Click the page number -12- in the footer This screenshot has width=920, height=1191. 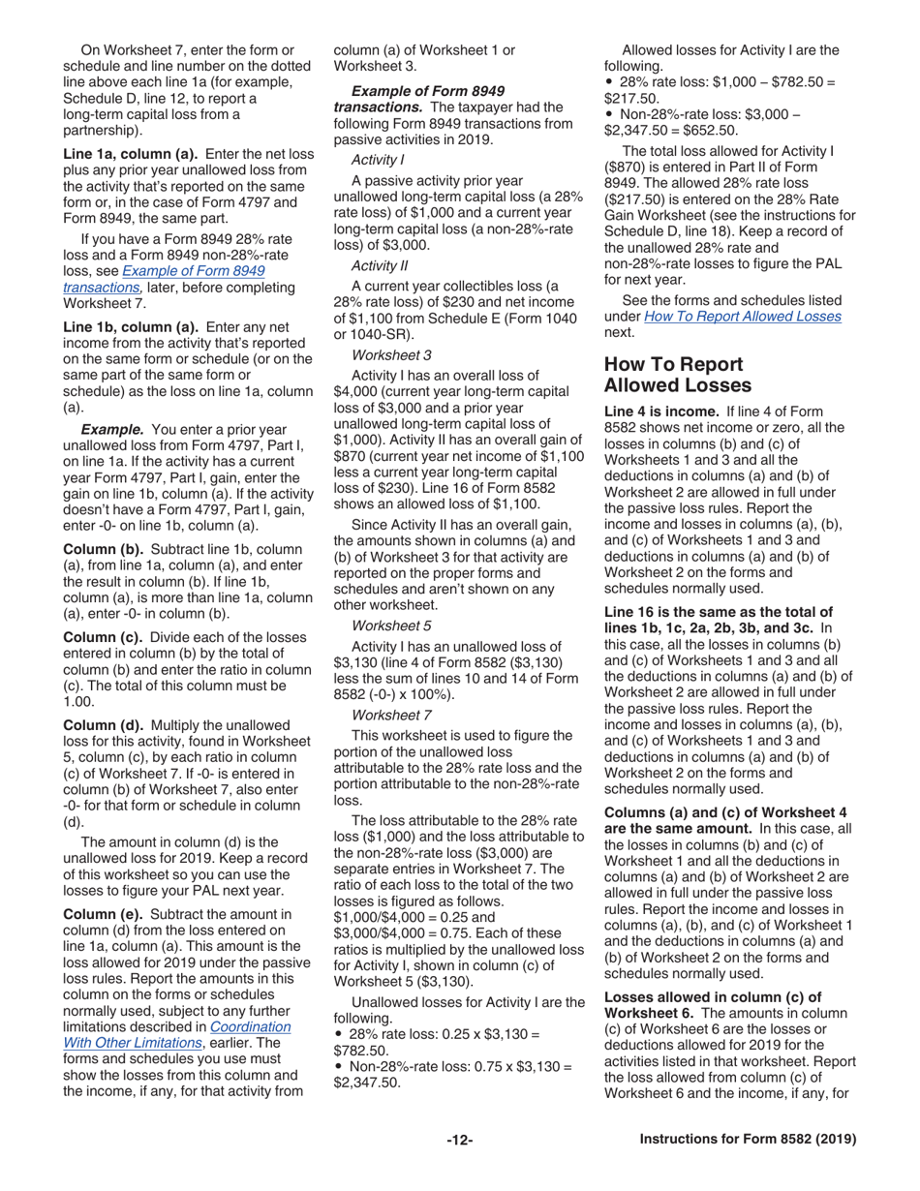pyautogui.click(x=459, y=1140)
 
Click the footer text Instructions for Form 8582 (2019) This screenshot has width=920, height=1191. pyautogui.click(x=748, y=1140)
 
